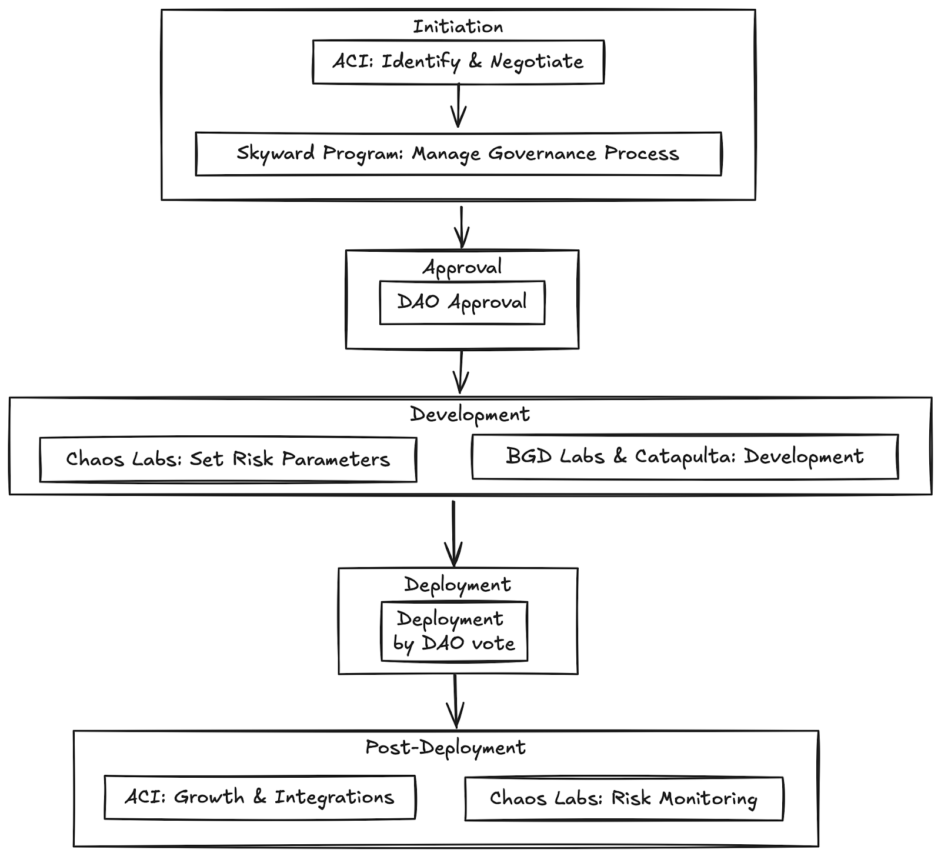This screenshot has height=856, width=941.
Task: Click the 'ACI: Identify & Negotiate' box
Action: pos(458,62)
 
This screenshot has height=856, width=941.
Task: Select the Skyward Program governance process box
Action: pos(458,154)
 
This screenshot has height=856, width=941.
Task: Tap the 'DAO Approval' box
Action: pos(462,302)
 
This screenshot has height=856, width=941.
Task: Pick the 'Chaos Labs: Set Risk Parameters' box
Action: pos(228,459)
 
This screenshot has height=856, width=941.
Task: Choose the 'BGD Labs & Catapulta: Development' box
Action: pos(685,457)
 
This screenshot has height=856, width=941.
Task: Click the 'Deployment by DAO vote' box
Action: pos(454,631)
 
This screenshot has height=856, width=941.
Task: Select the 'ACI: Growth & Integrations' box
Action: pos(259,797)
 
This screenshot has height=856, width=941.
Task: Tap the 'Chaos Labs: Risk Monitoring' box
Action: pos(624,799)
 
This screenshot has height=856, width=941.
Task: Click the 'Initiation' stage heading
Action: pos(458,26)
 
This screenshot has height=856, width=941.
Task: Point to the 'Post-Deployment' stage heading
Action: pos(445,748)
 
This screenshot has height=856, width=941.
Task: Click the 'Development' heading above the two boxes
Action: pos(470,415)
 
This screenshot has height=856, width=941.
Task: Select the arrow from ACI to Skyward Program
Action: pos(458,105)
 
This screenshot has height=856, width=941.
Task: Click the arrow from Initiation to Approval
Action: pos(462,227)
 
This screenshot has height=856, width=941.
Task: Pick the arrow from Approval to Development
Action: pos(461,372)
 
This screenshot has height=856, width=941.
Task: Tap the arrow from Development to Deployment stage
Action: pos(453,533)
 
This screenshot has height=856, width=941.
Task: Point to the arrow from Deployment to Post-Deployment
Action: pos(455,701)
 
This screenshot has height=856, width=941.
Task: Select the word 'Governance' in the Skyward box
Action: pos(542,154)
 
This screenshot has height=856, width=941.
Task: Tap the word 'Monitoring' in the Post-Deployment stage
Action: pos(708,799)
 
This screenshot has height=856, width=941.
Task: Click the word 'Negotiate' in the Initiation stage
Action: pos(536,62)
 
